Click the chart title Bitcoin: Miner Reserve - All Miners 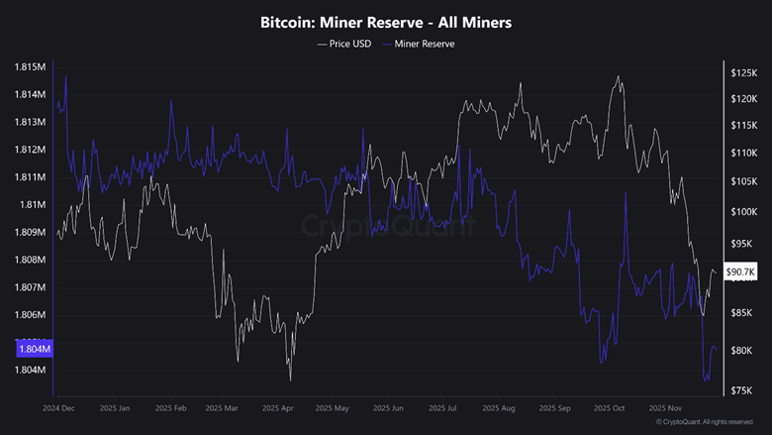pos(386,21)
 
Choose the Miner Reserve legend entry pos(424,44)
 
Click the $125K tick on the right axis pos(743,74)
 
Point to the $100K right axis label pos(743,212)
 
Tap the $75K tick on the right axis pos(743,390)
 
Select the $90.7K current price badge pos(741,272)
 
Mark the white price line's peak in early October pos(619,76)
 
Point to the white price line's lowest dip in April pos(291,381)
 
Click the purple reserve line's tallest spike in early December pos(65,75)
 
